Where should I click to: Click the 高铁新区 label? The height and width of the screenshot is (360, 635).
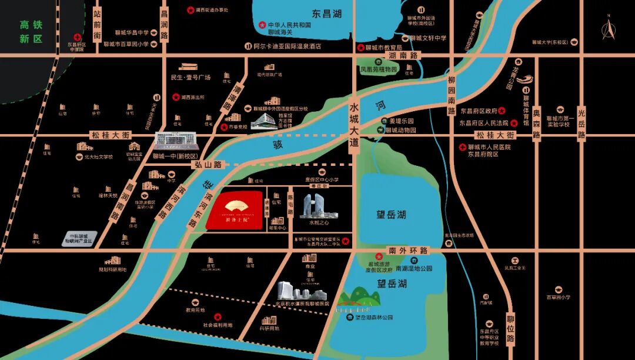click(x=32, y=32)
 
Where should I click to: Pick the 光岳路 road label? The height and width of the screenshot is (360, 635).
click(x=581, y=124)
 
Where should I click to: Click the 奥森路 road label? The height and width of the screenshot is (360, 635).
click(x=536, y=124)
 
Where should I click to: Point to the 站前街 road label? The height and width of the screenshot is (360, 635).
click(x=98, y=28)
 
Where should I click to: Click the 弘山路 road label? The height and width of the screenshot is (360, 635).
click(x=208, y=165)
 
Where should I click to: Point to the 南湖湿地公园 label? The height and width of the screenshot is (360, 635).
click(x=414, y=268)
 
